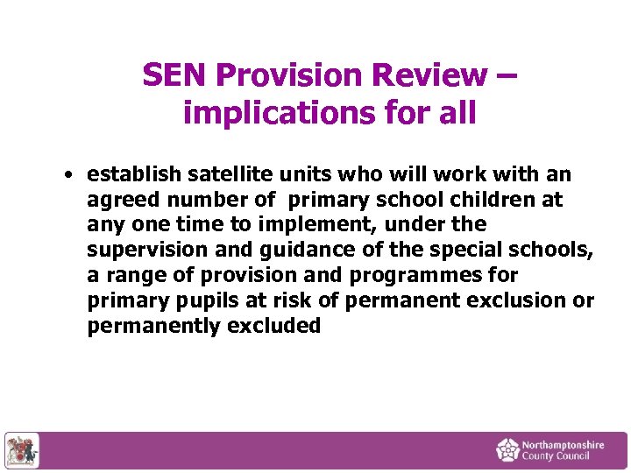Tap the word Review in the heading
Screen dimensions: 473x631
click(x=428, y=75)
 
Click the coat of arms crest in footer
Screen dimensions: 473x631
click(x=21, y=450)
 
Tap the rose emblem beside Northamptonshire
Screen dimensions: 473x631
click(x=507, y=450)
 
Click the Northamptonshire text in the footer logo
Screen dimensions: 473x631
click(x=563, y=445)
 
